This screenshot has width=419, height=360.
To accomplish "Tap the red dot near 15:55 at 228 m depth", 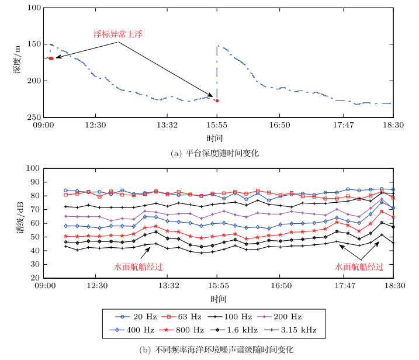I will [217, 101].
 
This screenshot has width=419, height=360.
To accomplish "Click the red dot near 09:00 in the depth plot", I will [51, 58].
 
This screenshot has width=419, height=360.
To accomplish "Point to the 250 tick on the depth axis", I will [34, 117].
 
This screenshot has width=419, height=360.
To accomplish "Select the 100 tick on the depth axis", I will [34, 8].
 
